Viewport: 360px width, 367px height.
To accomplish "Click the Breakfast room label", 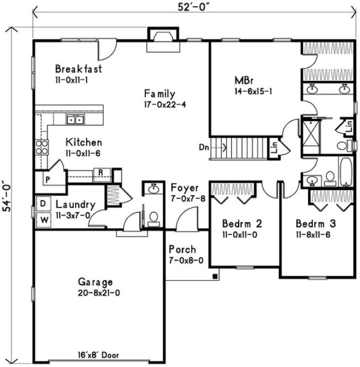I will click(78, 69).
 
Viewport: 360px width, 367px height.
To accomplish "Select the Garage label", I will click(96, 281).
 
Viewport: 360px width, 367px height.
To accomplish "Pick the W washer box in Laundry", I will click(43, 218).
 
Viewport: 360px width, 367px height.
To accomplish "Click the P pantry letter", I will click(47, 180).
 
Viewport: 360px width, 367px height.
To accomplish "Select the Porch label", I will click(182, 250).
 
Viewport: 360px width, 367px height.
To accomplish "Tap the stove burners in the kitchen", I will click(42, 147).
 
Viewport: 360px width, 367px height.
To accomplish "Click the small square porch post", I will click(216, 275).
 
